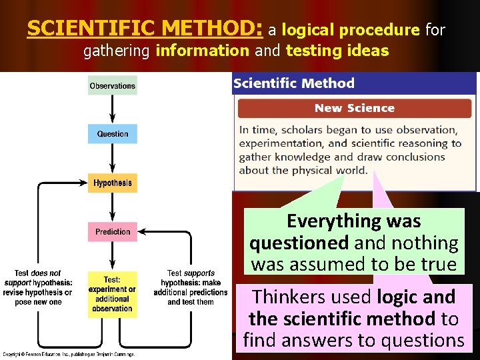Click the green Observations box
[x=112, y=85]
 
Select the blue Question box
[x=112, y=133]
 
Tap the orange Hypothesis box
[x=112, y=183]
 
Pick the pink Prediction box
[x=112, y=231]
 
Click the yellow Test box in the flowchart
[x=112, y=294]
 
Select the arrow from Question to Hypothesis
[x=112, y=158]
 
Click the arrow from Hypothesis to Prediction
[x=112, y=207]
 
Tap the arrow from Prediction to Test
[x=112, y=256]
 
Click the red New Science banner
[x=354, y=108]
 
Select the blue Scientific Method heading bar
[x=354, y=83]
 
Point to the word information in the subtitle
[x=202, y=51]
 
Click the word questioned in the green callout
[x=299, y=243]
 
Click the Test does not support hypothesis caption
[x=37, y=287]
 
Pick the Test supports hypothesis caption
[x=190, y=287]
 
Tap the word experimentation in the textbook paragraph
[x=281, y=143]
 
